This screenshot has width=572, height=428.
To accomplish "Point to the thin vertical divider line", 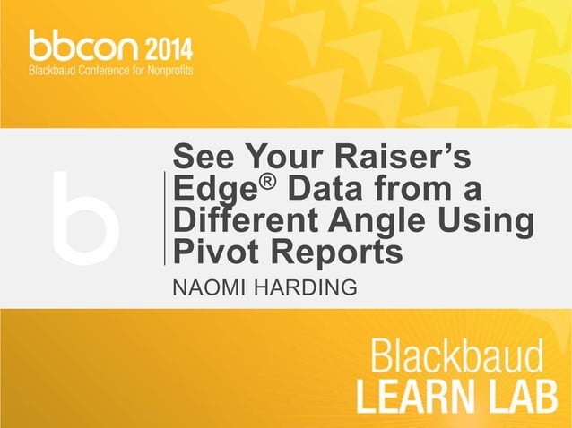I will [x=165, y=218].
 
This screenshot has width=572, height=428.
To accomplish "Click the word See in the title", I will [x=198, y=158].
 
